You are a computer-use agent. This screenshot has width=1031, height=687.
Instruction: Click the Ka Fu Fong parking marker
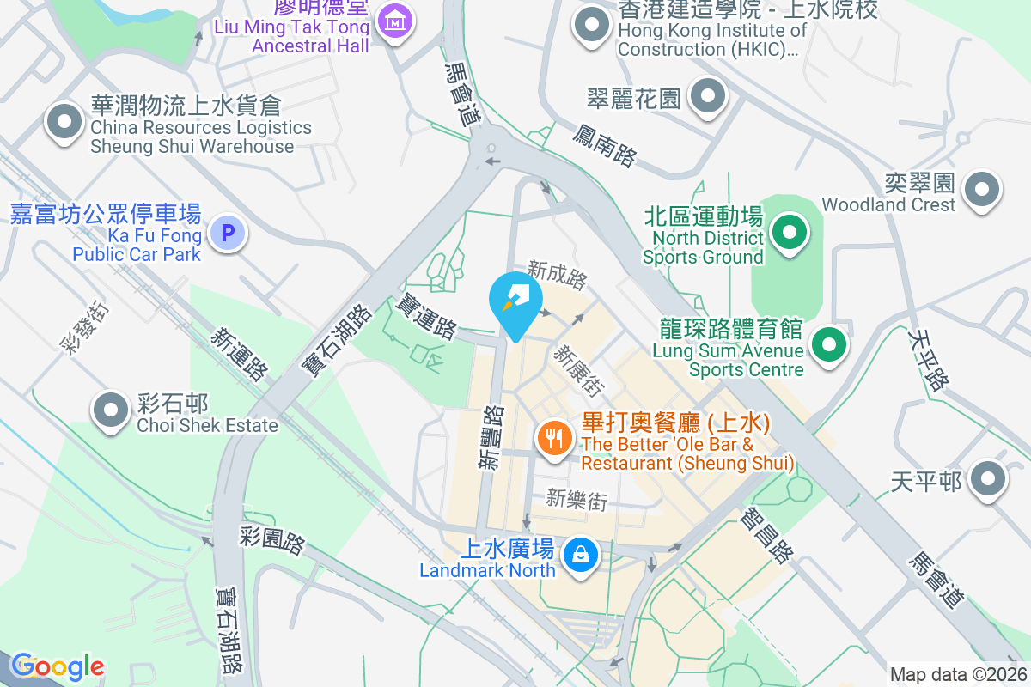tap(228, 233)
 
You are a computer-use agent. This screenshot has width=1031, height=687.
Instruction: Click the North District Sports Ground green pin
tap(786, 232)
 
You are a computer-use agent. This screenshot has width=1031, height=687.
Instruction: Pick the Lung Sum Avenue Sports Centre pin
tap(828, 345)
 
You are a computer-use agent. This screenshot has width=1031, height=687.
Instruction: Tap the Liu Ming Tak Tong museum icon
tap(394, 21)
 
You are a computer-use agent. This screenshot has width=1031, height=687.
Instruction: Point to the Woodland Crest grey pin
tap(982, 189)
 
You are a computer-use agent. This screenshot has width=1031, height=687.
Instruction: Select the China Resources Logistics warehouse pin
tap(64, 121)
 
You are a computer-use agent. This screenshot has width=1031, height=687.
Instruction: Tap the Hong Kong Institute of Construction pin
tap(592, 25)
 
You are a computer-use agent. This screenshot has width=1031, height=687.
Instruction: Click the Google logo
tap(58, 666)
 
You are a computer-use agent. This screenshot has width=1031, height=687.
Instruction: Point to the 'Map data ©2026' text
tap(957, 674)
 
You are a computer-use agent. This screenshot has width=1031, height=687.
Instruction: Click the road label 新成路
tap(558, 275)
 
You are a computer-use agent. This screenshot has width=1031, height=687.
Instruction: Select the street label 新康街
tap(576, 370)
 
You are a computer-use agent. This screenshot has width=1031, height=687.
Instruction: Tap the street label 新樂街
tap(577, 500)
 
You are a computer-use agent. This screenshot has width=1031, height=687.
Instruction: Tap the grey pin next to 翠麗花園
tap(707, 96)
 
